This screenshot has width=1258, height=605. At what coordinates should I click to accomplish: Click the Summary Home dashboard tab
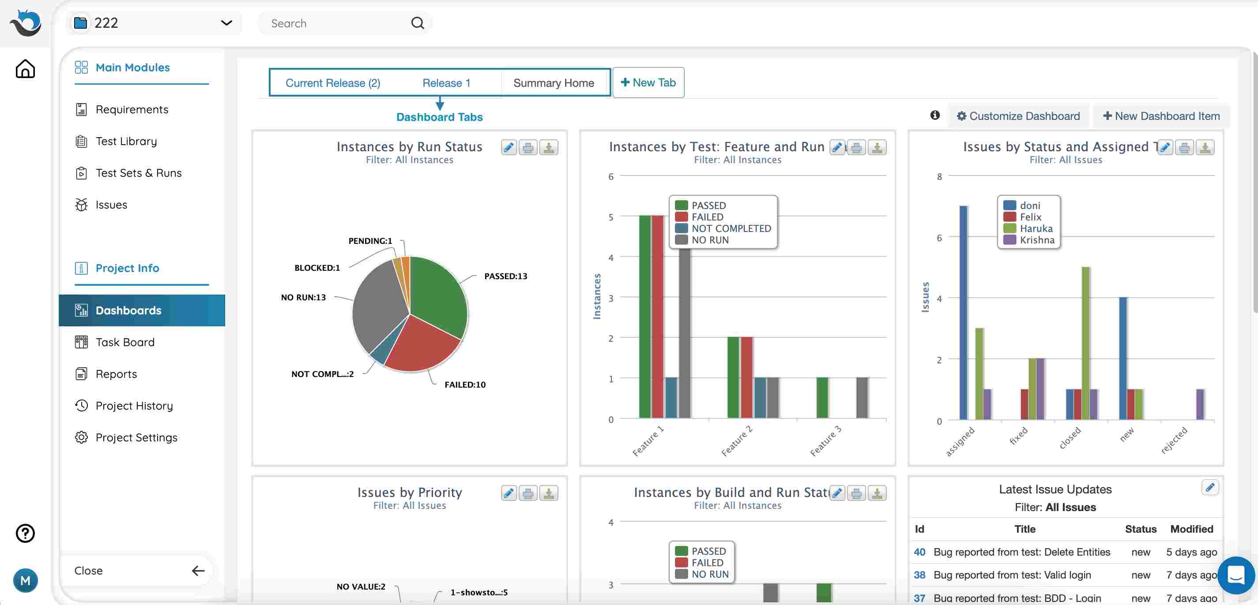(554, 83)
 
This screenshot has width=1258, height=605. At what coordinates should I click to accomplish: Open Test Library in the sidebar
(126, 142)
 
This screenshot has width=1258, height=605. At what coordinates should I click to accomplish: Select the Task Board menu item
(124, 343)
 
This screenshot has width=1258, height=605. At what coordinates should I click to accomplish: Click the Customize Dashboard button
(1018, 116)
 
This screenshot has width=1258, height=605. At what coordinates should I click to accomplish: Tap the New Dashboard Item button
(1161, 116)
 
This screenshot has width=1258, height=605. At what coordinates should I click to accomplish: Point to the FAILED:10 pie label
(465, 385)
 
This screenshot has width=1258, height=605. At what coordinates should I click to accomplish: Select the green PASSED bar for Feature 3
(822, 398)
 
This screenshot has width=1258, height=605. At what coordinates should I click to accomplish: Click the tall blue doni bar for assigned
(963, 312)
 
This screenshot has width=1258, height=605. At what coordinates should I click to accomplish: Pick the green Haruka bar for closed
(1085, 342)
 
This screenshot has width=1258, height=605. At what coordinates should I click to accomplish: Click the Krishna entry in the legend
(1036, 240)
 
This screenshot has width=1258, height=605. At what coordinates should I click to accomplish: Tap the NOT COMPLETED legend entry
(731, 229)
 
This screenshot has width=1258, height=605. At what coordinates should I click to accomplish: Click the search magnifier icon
(418, 23)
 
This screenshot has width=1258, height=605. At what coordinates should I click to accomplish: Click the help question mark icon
(25, 533)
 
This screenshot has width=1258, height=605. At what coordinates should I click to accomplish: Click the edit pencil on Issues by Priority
(508, 494)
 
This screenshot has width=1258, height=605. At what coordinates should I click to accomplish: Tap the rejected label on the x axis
(1174, 440)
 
